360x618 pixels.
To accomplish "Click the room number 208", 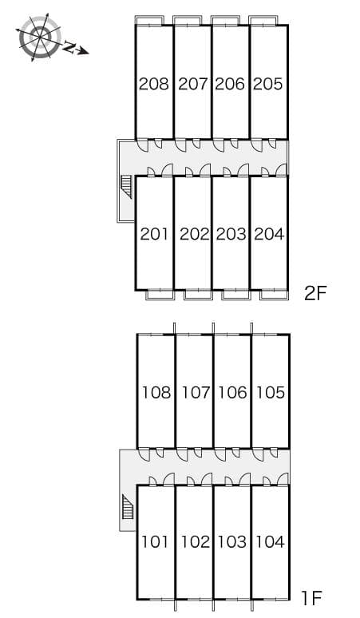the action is [x=153, y=84].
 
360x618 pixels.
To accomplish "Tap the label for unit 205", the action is [x=268, y=84].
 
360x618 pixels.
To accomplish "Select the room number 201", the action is [x=154, y=235].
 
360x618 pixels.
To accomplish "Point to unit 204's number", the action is [x=270, y=235].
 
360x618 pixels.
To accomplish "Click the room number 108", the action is [x=156, y=393].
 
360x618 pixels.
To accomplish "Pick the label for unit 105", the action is [x=271, y=393].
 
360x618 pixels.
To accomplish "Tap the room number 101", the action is [x=155, y=542].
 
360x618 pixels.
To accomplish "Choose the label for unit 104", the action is [x=271, y=542].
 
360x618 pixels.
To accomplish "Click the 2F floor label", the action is [x=316, y=293].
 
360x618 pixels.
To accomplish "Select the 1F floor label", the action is [x=312, y=599].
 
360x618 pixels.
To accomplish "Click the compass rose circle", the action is [x=40, y=38].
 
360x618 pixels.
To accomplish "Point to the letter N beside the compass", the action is [x=69, y=47].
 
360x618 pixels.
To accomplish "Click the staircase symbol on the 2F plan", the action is [x=126, y=187].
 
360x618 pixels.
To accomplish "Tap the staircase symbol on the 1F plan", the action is [x=128, y=507].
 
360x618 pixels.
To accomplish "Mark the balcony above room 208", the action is [x=149, y=21].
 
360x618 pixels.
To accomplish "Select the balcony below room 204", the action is [x=274, y=295].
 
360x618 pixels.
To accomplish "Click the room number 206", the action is [x=230, y=84].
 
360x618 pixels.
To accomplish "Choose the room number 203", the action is [x=231, y=235].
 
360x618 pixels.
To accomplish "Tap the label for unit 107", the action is [x=196, y=393].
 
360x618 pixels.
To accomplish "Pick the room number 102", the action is [x=195, y=542].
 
